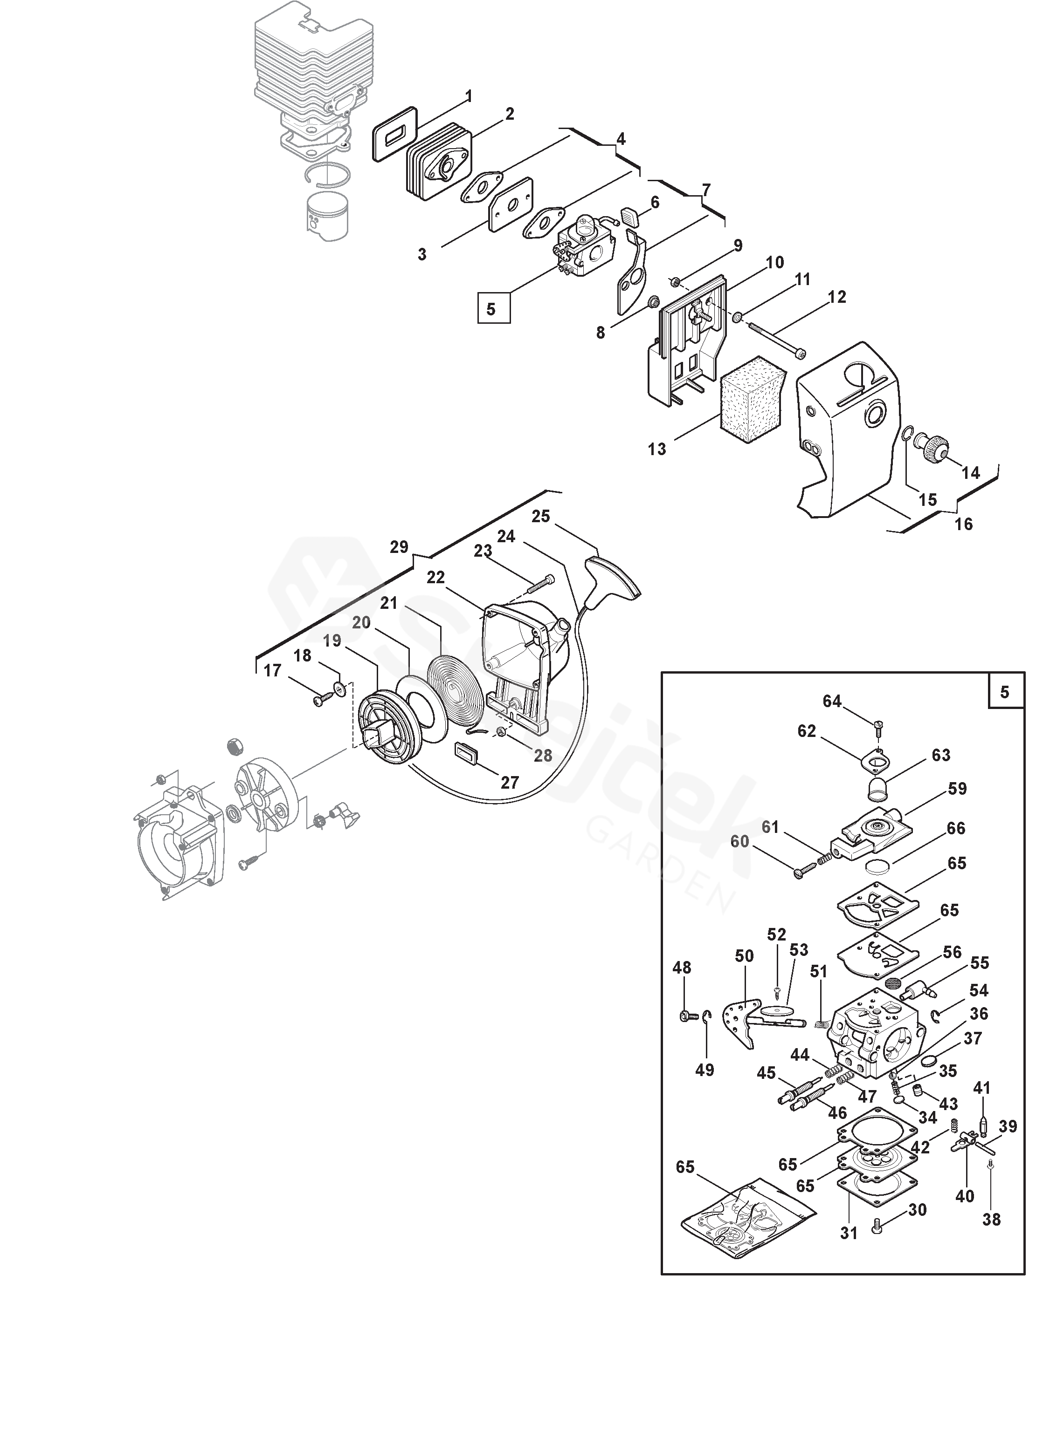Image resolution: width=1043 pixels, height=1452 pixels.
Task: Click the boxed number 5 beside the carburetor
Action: [494, 309]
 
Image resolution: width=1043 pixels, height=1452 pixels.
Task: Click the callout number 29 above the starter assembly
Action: [399, 547]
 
